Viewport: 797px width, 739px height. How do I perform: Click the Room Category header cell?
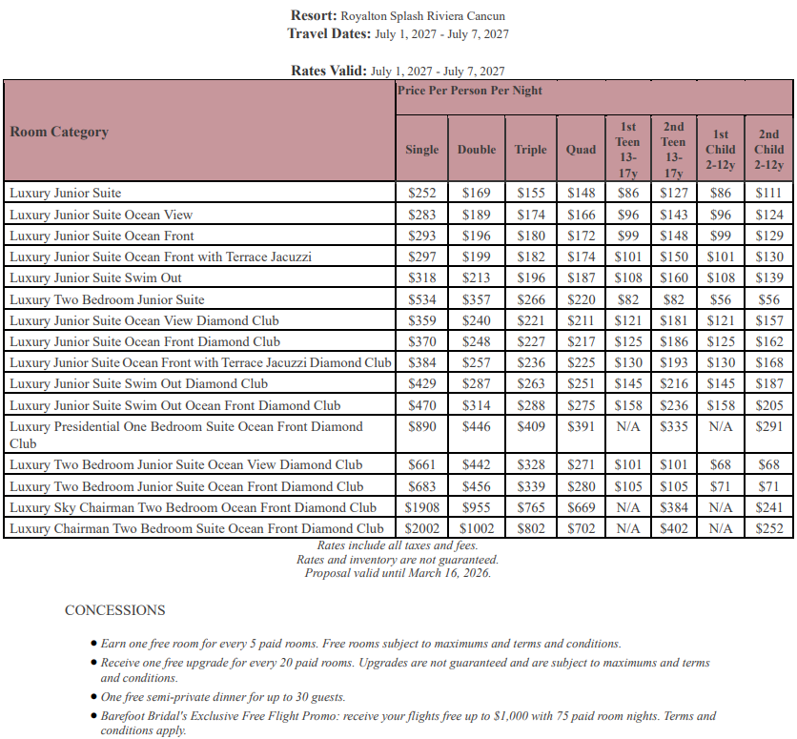click(59, 132)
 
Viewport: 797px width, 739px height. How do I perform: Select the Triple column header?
click(531, 149)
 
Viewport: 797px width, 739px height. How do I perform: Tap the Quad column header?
click(581, 149)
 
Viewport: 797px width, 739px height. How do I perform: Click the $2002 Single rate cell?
click(421, 527)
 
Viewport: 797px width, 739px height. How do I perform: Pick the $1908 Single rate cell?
click(421, 507)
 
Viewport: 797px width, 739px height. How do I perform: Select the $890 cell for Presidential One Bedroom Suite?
click(421, 427)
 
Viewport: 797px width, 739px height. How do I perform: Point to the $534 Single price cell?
click(421, 299)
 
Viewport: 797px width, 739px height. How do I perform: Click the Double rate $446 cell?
click(476, 427)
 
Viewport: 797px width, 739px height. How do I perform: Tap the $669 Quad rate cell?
click(581, 507)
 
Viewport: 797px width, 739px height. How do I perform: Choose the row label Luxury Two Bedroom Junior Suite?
click(107, 299)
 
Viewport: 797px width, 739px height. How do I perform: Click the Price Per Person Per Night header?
click(470, 91)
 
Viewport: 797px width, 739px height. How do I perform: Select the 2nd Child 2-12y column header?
click(768, 149)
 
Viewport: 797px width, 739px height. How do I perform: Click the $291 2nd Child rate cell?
click(768, 427)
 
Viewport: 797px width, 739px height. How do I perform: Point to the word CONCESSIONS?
click(114, 610)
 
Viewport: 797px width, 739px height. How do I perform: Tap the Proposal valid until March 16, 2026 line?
click(398, 573)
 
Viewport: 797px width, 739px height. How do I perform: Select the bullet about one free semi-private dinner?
click(223, 697)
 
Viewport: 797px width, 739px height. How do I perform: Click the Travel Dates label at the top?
click(328, 33)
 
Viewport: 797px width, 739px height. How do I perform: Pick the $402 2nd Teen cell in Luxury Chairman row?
click(673, 527)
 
